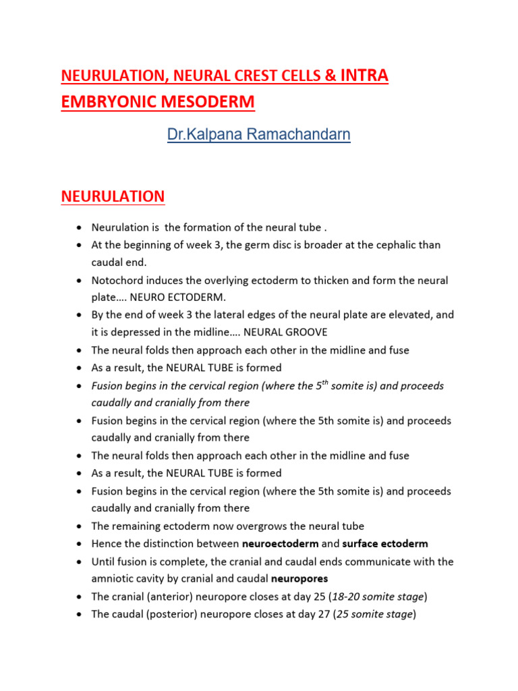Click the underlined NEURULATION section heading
pos(113,196)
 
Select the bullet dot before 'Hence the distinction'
pos(80,544)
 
